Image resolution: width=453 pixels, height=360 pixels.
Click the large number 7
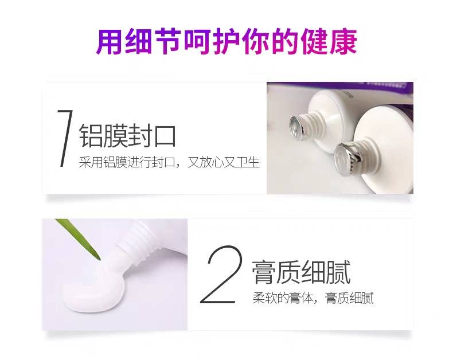tap(65, 138)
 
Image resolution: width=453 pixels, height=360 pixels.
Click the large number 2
tap(221, 274)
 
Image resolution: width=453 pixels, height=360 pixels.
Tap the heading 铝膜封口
tap(127, 135)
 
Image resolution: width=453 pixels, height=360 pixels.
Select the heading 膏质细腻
tap(301, 272)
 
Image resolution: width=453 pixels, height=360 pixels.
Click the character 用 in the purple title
tap(109, 41)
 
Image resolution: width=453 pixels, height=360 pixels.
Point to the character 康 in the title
tap(344, 41)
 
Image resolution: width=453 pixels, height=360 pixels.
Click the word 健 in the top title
tap(315, 41)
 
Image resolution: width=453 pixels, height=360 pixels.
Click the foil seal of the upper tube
tap(296, 127)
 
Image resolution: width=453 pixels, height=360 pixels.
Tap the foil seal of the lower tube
tap(345, 158)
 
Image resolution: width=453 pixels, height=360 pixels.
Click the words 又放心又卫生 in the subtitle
tap(224, 162)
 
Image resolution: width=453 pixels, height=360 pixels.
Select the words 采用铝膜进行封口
tap(127, 162)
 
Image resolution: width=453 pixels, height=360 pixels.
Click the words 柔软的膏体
tap(283, 298)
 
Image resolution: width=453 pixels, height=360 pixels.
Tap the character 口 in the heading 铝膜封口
tap(165, 136)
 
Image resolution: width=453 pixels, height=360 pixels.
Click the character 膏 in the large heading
tap(263, 272)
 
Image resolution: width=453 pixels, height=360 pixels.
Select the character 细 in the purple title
tap(138, 41)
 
